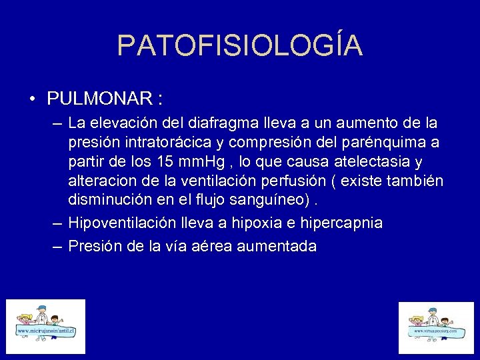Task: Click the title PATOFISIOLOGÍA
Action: click(240, 45)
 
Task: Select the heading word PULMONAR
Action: click(99, 99)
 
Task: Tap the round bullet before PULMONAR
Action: click(33, 100)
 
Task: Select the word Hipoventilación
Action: click(121, 223)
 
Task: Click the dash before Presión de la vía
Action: click(57, 246)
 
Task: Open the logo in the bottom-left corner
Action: click(46, 326)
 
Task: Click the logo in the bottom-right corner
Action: click(435, 327)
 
